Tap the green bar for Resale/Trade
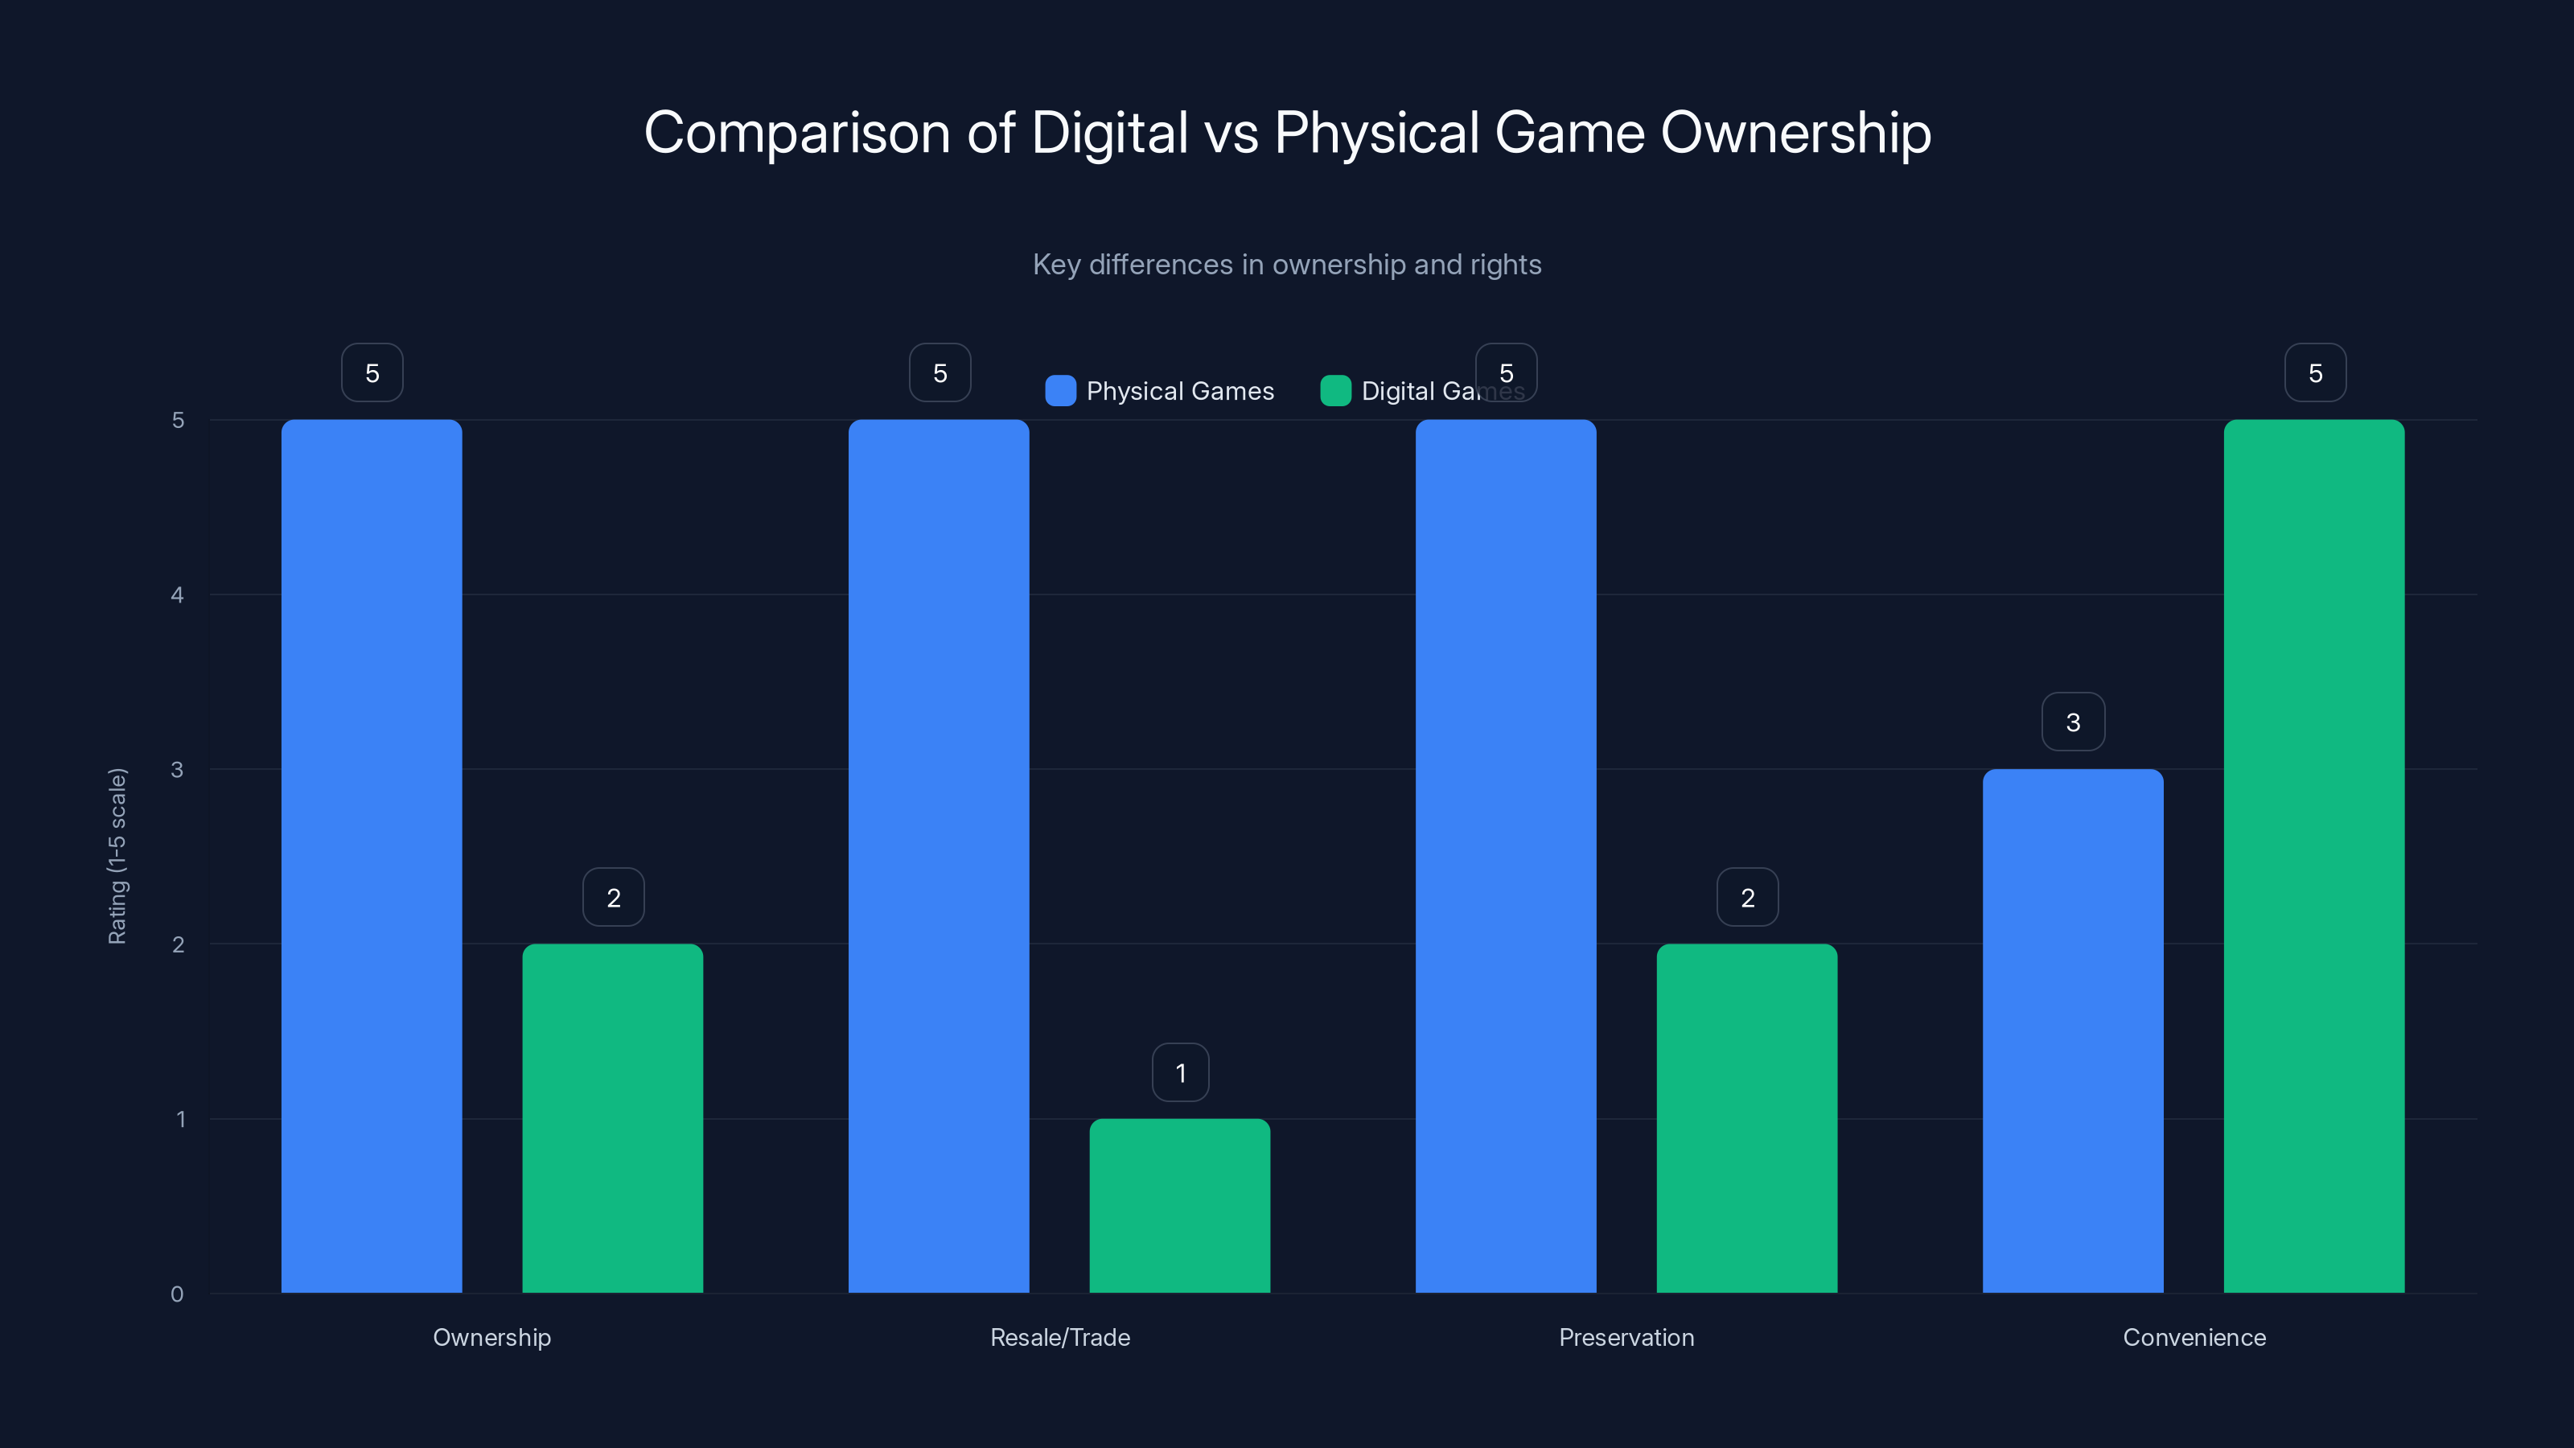click(x=1179, y=1205)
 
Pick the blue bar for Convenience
click(x=2072, y=1030)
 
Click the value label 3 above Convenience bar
click(x=2072, y=722)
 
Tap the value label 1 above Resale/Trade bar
click(x=1180, y=1072)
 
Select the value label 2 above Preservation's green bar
click(x=1746, y=898)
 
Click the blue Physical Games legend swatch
click(x=1060, y=391)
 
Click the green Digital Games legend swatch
click(x=1335, y=391)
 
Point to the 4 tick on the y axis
click(x=178, y=594)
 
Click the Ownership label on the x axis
click(x=491, y=1337)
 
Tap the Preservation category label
click(x=1626, y=1337)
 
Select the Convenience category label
click(x=2194, y=1337)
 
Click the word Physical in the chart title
click(x=1376, y=132)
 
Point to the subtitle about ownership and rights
click(x=1286, y=264)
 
